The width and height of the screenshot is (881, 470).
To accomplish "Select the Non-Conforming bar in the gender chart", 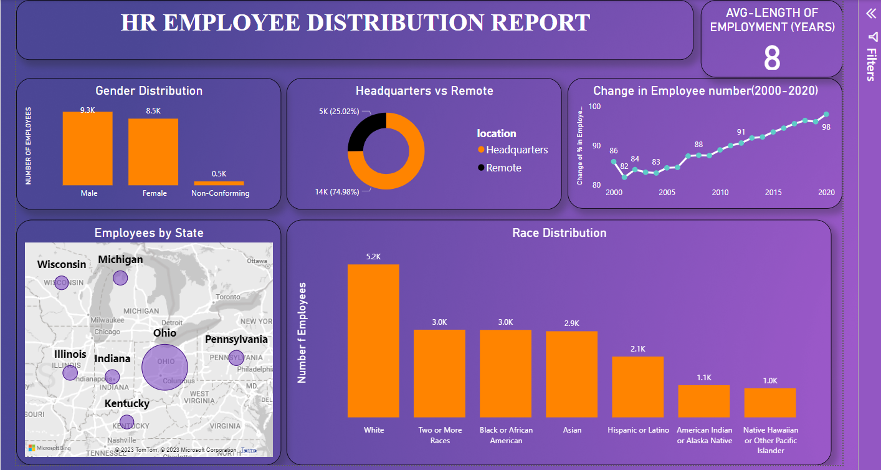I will pos(219,183).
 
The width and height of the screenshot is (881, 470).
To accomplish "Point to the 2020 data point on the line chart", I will pos(826,114).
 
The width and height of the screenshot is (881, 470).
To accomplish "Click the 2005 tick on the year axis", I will pos(667,193).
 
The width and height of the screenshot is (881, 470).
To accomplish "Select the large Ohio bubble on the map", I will pos(165,365).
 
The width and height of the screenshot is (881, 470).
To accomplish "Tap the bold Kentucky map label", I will pos(126,403).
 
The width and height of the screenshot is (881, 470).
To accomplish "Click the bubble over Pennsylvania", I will pos(236,358).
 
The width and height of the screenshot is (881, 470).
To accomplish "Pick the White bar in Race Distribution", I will pos(373,340).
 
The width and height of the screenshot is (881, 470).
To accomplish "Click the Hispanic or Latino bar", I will pos(637,386).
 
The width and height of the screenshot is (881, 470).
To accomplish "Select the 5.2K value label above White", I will pos(373,256).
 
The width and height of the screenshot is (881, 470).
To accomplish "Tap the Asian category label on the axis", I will pos(571,430).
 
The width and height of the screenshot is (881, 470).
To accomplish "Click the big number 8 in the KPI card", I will pos(771,59).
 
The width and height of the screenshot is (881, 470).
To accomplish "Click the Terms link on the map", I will pos(249,450).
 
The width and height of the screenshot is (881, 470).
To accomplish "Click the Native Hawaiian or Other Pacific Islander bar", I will pos(769,403).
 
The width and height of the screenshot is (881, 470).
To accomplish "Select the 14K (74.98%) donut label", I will pos(338,192).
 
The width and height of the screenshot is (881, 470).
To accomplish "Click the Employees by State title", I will pos(149,233).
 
